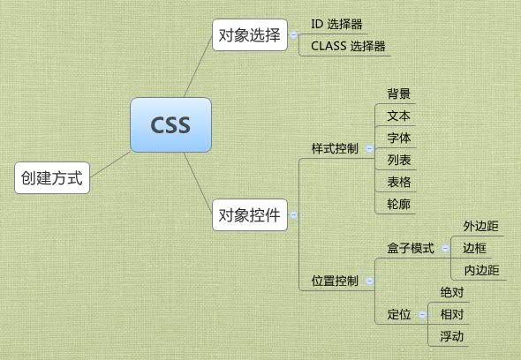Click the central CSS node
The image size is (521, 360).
[x=170, y=124]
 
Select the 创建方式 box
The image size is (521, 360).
[x=52, y=178]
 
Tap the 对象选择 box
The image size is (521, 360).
[x=248, y=36]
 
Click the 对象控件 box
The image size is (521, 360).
[x=248, y=214]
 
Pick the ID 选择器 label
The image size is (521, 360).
[x=337, y=25]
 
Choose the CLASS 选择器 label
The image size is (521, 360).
[x=348, y=46]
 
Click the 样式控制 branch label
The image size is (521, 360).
[x=335, y=148]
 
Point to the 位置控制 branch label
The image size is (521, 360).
[x=335, y=281]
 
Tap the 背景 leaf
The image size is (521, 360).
[x=397, y=94]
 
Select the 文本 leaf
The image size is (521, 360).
[x=397, y=116]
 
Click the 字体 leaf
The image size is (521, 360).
[x=397, y=138]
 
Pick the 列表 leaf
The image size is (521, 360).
[x=397, y=160]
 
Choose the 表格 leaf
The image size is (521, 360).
[x=397, y=182]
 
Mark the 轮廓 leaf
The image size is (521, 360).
[x=397, y=204]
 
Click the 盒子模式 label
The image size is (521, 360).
[x=411, y=249]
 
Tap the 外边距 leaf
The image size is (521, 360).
[x=480, y=227]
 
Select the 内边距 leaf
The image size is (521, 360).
[x=480, y=270]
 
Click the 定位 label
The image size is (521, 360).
[x=399, y=314]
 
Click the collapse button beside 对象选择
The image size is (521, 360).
[x=292, y=36]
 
